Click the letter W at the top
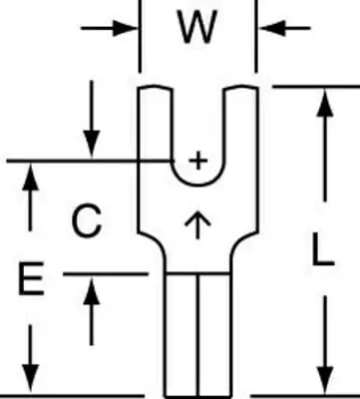[x=197, y=27]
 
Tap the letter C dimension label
[x=87, y=220]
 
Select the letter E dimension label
[x=31, y=278]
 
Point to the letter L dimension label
[x=323, y=249]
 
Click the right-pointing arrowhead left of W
[x=125, y=28]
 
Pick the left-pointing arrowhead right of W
[x=272, y=28]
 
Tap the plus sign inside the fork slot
[x=198, y=162]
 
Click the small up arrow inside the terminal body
[x=197, y=224]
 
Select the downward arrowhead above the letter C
[x=92, y=144]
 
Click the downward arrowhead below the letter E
[x=31, y=378]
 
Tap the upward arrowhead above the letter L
[x=324, y=103]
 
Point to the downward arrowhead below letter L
[x=324, y=379]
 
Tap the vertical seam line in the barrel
[x=198, y=335]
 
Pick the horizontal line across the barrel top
[x=198, y=274]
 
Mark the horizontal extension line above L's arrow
[x=316, y=87]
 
